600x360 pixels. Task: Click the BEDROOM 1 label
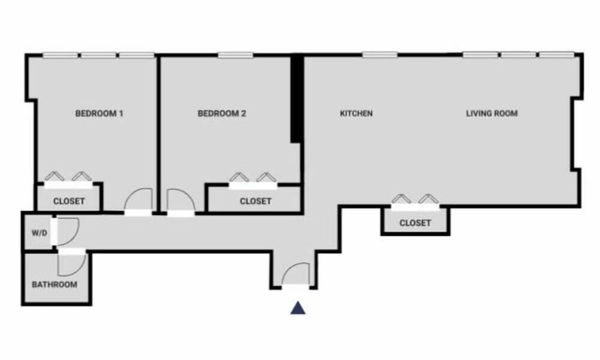(99, 114)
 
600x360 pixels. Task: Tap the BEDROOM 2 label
(222, 114)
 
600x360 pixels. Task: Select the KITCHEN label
(356, 114)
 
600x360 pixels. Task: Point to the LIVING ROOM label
(492, 114)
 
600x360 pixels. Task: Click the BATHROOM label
(55, 285)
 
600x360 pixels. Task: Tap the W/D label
(39, 233)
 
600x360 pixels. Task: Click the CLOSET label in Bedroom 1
(69, 202)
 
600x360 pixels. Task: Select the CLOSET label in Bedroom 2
(256, 201)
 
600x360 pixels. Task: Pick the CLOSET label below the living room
(415, 223)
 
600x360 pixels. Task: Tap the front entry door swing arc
(296, 274)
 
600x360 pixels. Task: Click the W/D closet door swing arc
(67, 230)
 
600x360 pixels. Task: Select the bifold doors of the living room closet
(415, 201)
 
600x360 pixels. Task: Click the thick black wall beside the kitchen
(297, 99)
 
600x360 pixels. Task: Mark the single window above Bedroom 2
(236, 55)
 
